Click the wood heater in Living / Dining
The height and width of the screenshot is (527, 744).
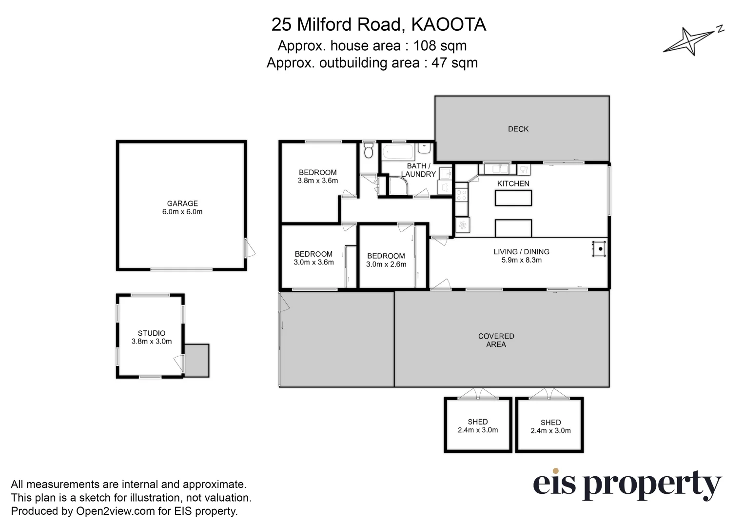(599, 249)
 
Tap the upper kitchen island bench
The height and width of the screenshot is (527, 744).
(513, 198)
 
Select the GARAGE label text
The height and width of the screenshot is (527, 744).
(182, 203)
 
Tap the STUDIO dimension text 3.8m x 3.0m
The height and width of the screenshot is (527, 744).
(152, 342)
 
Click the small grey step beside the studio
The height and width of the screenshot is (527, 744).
(197, 360)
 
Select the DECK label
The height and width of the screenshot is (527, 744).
(518, 129)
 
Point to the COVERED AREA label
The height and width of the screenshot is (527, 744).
(496, 340)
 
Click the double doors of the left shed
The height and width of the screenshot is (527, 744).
(477, 394)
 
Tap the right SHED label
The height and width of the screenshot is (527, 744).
(550, 423)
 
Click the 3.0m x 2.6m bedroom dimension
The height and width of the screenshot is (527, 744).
(386, 264)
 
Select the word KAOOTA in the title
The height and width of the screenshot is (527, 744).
(449, 24)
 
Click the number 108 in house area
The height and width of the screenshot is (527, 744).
(425, 45)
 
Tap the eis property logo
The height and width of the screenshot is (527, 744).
(627, 484)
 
